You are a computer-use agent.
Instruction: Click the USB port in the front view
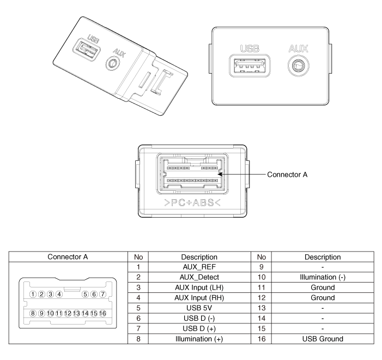click(250, 66)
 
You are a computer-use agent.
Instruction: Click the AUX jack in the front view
click(299, 66)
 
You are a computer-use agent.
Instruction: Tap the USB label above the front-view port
click(250, 49)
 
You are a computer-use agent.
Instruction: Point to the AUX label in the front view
click(299, 49)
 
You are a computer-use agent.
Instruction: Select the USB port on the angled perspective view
click(87, 50)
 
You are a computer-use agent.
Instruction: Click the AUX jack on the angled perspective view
click(113, 63)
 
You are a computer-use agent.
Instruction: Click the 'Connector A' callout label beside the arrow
click(287, 175)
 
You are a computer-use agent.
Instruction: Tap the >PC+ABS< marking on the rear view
click(192, 203)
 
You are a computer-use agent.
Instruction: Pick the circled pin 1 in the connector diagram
click(33, 295)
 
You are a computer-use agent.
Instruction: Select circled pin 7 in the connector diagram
click(103, 295)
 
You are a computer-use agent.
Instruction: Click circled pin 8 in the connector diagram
click(33, 314)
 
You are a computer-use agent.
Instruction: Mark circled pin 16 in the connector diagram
click(103, 314)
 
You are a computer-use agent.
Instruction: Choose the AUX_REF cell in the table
click(199, 267)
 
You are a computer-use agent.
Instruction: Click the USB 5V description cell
click(199, 308)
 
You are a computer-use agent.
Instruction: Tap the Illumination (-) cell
click(323, 277)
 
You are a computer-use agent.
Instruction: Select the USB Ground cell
click(323, 339)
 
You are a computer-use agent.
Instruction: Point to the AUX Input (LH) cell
click(199, 287)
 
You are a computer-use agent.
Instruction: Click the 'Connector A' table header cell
click(68, 257)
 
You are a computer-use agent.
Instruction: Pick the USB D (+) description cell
click(199, 328)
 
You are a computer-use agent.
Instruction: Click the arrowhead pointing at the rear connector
click(220, 175)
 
